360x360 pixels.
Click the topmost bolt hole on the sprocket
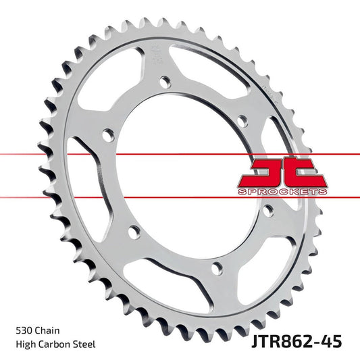(x=164, y=82)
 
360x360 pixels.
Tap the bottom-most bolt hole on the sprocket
(x=215, y=267)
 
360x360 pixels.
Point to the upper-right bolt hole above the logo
(x=245, y=121)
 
